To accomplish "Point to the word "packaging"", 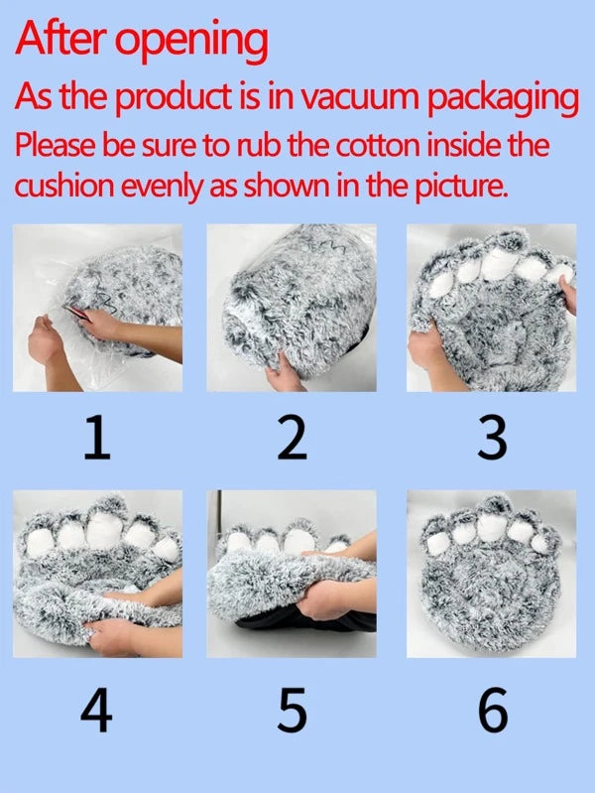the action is coord(503,99).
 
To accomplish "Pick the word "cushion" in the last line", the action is coord(64,187).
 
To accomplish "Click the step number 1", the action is coord(96,438).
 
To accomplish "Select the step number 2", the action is coord(292,438).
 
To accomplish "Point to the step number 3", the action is coord(492,438).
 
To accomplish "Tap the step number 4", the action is coord(96,710).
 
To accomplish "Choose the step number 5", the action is coord(293,710).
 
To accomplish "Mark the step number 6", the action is coord(493,710).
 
